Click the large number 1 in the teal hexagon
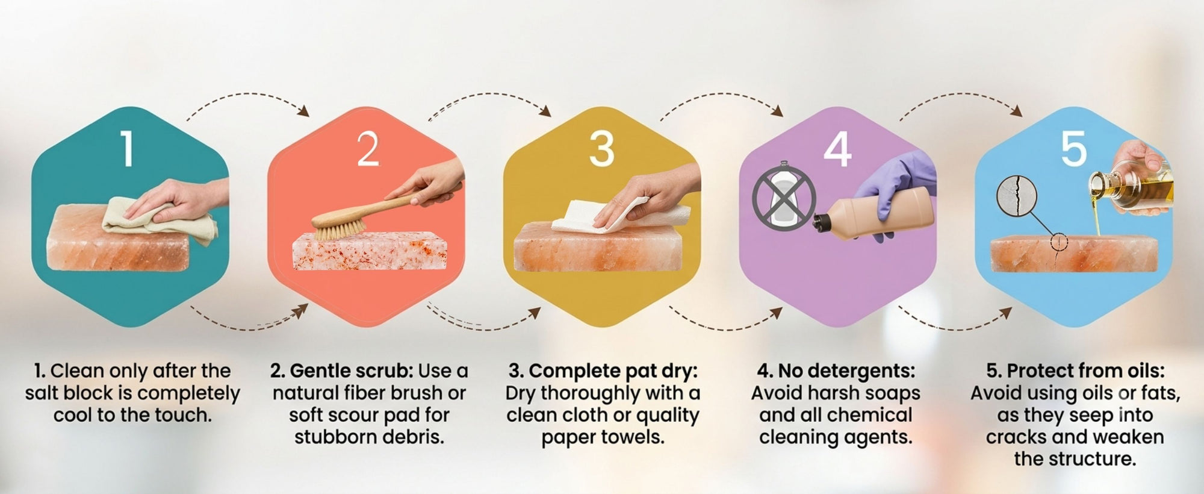126,149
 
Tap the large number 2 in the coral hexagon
368,149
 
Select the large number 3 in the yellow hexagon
601,149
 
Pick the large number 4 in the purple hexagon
837,149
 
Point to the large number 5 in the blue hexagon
1074,149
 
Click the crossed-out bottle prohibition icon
784,196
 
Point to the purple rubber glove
897,187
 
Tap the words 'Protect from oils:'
1085,370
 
